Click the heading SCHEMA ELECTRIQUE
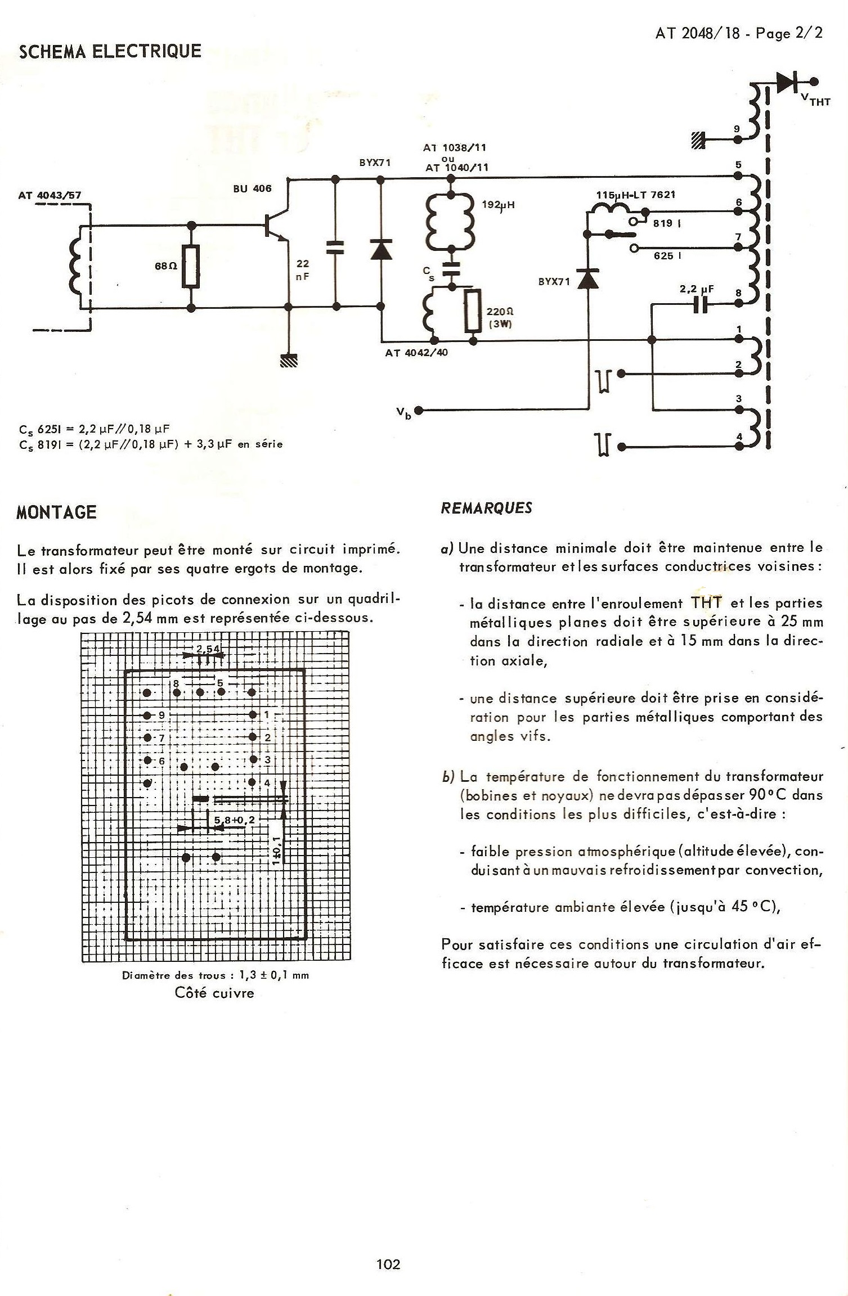[x=110, y=52]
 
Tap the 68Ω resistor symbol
[x=191, y=267]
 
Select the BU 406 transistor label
[x=252, y=189]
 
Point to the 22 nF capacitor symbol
[x=336, y=247]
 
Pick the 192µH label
[x=498, y=205]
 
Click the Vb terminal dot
[x=418, y=409]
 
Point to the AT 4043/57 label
[x=50, y=196]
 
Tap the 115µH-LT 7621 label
[x=636, y=195]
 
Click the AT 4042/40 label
[x=416, y=353]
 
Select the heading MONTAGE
[x=56, y=512]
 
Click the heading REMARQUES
[x=487, y=508]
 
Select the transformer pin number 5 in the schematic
[x=738, y=165]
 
